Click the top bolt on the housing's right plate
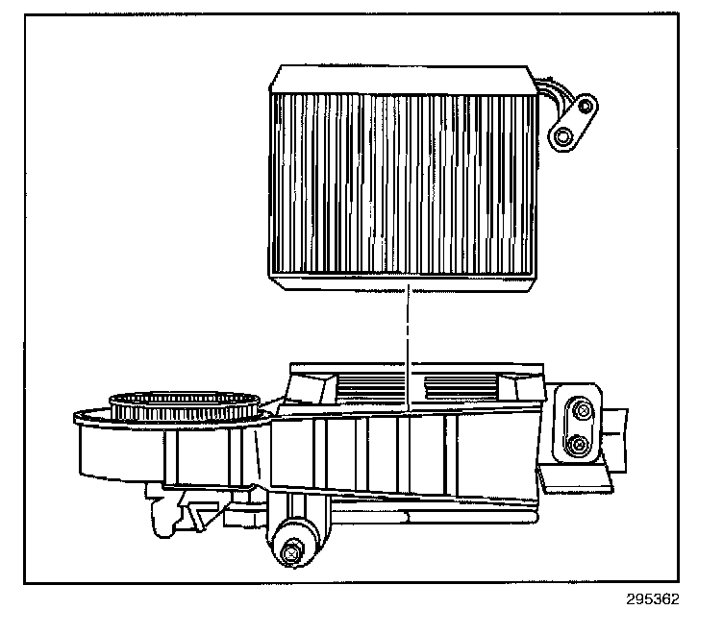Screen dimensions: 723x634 [x=580, y=411]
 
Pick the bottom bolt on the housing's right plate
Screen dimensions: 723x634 [x=577, y=444]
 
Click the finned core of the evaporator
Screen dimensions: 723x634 [x=404, y=183]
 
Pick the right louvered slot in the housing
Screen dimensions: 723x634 [x=461, y=388]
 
